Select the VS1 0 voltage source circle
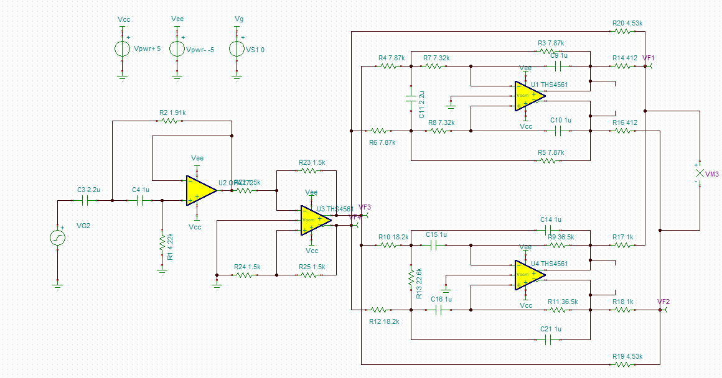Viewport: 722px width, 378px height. tap(237, 48)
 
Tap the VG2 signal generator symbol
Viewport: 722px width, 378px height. tap(58, 237)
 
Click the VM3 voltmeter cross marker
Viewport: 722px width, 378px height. tap(699, 174)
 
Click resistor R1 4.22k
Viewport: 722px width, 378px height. tap(162, 240)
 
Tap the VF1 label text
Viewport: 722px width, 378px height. tap(649, 58)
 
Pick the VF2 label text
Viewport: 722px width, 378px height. tap(663, 302)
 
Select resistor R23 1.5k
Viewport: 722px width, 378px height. tap(306, 170)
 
